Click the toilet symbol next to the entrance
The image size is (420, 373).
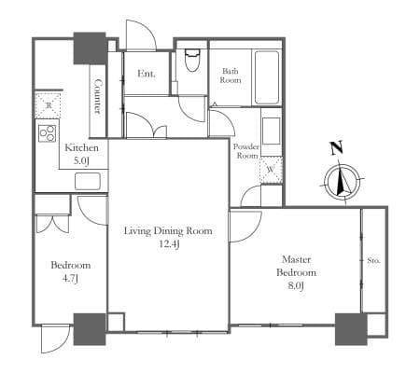pyautogui.click(x=192, y=61)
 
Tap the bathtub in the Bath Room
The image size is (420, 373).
pyautogui.click(x=267, y=77)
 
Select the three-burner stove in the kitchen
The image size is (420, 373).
pyautogui.click(x=48, y=133)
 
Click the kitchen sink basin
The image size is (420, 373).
pyautogui.click(x=88, y=181)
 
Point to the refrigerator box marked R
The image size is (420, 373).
pyautogui.click(x=48, y=105)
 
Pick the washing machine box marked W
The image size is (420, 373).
pyautogui.click(x=271, y=170)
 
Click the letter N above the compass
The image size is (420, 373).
pyautogui.click(x=336, y=147)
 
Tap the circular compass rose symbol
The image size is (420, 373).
pyautogui.click(x=342, y=182)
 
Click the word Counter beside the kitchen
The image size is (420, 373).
pyautogui.click(x=98, y=96)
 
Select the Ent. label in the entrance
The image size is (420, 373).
pyautogui.click(x=147, y=74)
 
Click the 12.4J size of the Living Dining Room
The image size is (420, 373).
pyautogui.click(x=169, y=244)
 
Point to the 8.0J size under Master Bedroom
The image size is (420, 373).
pyautogui.click(x=296, y=285)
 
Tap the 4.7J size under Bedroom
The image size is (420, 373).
pyautogui.click(x=70, y=279)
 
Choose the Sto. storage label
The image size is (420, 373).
pyautogui.click(x=373, y=260)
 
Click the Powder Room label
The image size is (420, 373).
pyautogui.click(x=246, y=151)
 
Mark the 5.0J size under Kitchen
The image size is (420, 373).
pyautogui.click(x=81, y=160)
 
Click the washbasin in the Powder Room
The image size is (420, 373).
pyautogui.click(x=271, y=131)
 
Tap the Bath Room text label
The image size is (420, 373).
pyautogui.click(x=231, y=76)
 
